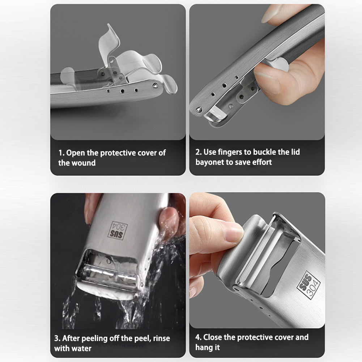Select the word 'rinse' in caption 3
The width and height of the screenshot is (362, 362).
click(x=162, y=338)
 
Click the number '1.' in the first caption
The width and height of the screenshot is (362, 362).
click(x=61, y=153)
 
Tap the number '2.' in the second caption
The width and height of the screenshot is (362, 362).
click(x=199, y=152)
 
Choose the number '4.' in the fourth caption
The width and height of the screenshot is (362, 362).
click(x=199, y=337)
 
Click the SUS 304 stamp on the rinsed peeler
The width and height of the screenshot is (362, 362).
click(x=118, y=230)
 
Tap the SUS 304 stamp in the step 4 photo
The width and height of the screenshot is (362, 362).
click(x=308, y=285)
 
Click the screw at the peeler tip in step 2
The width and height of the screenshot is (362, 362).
click(x=198, y=110)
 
